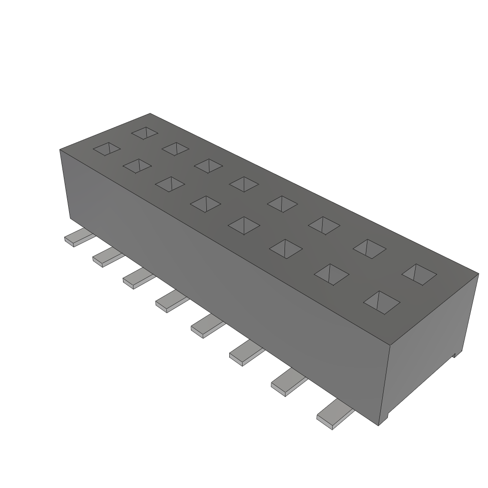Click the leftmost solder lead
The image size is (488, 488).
click(76, 238)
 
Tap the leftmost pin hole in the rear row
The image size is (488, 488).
click(145, 132)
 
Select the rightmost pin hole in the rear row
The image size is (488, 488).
click(419, 274)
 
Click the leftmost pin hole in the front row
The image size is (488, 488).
click(107, 149)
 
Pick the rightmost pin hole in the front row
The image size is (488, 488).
click(382, 302)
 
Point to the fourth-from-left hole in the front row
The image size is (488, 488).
click(205, 203)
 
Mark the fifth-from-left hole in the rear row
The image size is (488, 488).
click(282, 203)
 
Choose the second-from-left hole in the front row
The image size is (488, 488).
click(137, 166)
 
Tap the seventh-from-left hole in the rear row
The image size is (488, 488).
click(369, 248)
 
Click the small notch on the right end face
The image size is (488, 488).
click(455, 354)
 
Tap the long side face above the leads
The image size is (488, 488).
click(224, 267)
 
